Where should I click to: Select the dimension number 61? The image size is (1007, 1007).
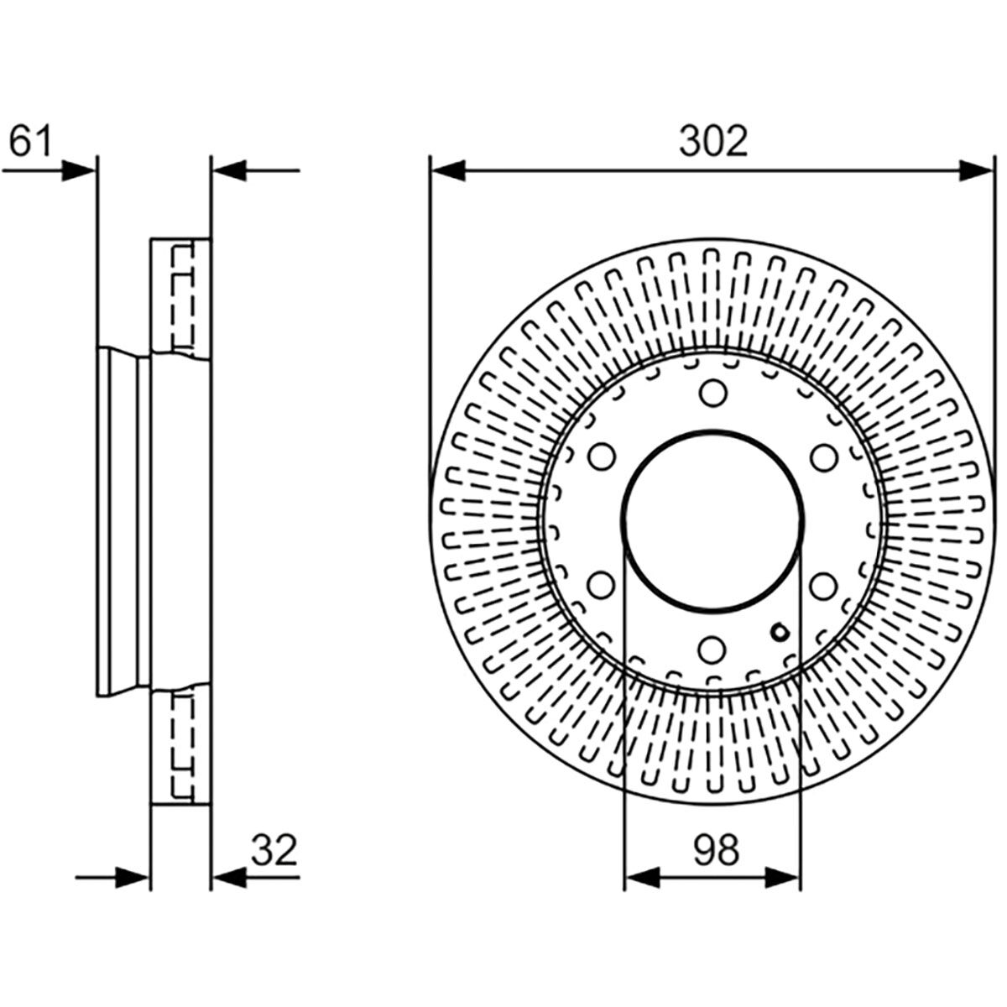(30, 141)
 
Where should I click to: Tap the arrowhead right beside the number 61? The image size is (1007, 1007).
(80, 170)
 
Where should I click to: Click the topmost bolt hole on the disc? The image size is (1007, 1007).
(712, 392)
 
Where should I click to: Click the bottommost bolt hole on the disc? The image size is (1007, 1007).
(712, 648)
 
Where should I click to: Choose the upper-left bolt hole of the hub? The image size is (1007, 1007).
(601, 457)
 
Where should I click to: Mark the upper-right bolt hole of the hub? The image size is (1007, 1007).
(824, 457)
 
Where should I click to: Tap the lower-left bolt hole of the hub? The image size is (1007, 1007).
(601, 584)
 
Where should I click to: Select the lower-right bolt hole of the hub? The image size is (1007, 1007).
(824, 584)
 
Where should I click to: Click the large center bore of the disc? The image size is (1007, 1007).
(712, 520)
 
